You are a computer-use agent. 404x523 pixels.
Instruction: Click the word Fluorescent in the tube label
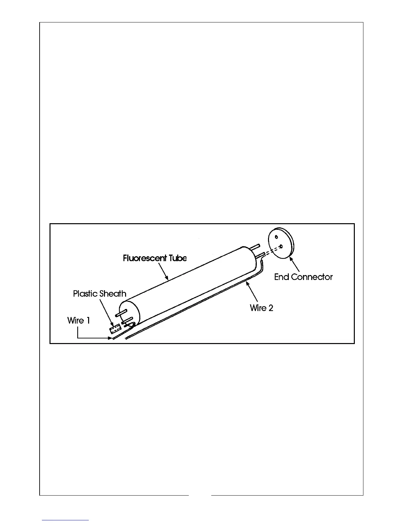coord(144,258)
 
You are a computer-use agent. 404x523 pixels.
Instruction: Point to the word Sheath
coord(113,294)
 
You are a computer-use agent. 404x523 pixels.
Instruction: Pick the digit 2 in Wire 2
coord(271,308)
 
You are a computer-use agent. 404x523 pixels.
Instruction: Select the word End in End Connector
coord(282,277)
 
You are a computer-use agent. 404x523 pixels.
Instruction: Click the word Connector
coord(312,277)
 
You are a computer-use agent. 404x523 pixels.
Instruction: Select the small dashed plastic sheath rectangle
coord(115,330)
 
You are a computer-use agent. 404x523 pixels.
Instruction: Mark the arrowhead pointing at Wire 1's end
coord(111,338)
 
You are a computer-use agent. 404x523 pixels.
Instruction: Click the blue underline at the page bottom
coord(66,520)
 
